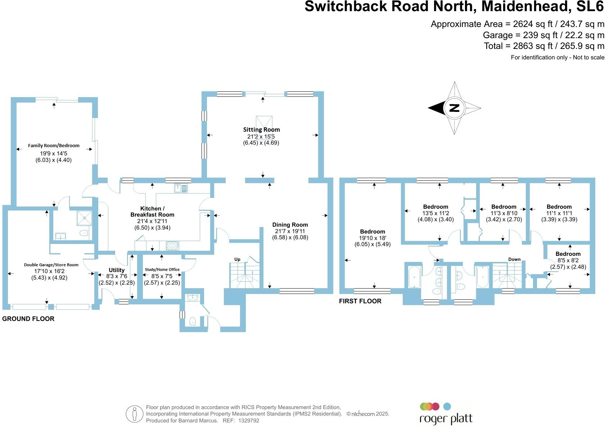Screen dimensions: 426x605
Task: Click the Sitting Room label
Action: pos(261,130)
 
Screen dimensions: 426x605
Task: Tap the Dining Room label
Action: pos(290,225)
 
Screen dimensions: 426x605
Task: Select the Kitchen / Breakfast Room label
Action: pos(152,212)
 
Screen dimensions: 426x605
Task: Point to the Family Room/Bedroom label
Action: pos(54,146)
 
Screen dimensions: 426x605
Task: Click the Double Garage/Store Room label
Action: pos(51,265)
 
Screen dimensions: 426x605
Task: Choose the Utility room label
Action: pos(117,270)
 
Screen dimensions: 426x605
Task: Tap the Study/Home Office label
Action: pos(162,269)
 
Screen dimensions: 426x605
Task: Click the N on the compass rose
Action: pos(455,108)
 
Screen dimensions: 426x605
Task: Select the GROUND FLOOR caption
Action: pos(28,319)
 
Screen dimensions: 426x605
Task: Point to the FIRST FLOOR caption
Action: pos(360,301)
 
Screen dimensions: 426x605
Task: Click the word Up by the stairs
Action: pos(237,259)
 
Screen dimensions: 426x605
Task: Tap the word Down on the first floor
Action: pos(514,259)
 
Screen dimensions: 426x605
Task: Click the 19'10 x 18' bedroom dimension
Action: pos(373,238)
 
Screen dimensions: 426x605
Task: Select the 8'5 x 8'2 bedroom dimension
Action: pos(568,260)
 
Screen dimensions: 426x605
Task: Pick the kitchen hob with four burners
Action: pos(172,246)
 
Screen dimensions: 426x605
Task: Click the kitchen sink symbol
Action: pos(181,188)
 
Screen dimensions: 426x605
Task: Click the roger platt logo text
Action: pos(446,419)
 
